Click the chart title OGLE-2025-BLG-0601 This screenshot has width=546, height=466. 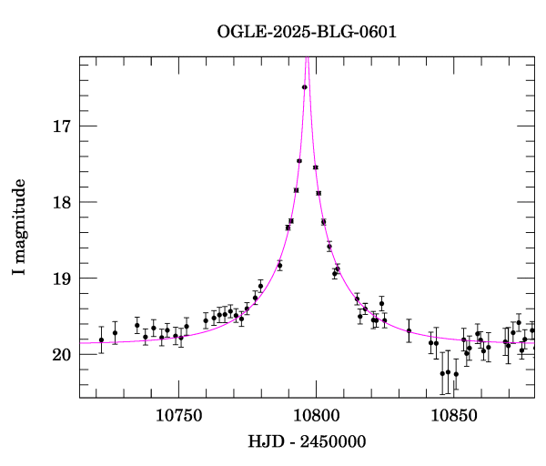(307, 32)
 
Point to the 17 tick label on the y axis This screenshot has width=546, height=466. (62, 127)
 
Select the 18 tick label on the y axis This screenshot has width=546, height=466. (62, 202)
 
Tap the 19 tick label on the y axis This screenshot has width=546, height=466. (62, 279)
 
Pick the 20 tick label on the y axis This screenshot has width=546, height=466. (62, 355)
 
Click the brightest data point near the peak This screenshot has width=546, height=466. (305, 87)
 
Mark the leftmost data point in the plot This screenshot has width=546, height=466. (101, 339)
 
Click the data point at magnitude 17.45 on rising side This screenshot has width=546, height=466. (299, 161)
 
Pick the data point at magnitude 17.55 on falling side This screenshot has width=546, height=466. (316, 167)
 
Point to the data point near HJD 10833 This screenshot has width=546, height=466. (409, 329)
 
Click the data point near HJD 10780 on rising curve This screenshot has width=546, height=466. (260, 286)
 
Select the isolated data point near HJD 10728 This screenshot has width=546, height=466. (115, 332)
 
